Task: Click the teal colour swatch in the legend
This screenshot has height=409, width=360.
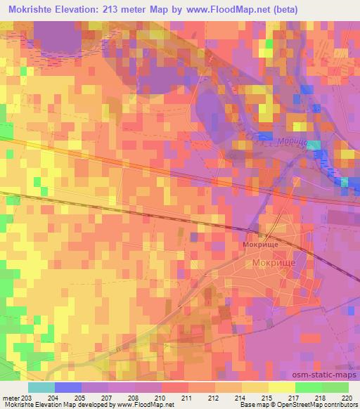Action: pyautogui.click(x=41, y=387)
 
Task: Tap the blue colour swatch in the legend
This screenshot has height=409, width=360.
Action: pyautogui.click(x=68, y=387)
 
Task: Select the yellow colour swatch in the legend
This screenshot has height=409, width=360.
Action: pyautogui.click(x=282, y=387)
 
